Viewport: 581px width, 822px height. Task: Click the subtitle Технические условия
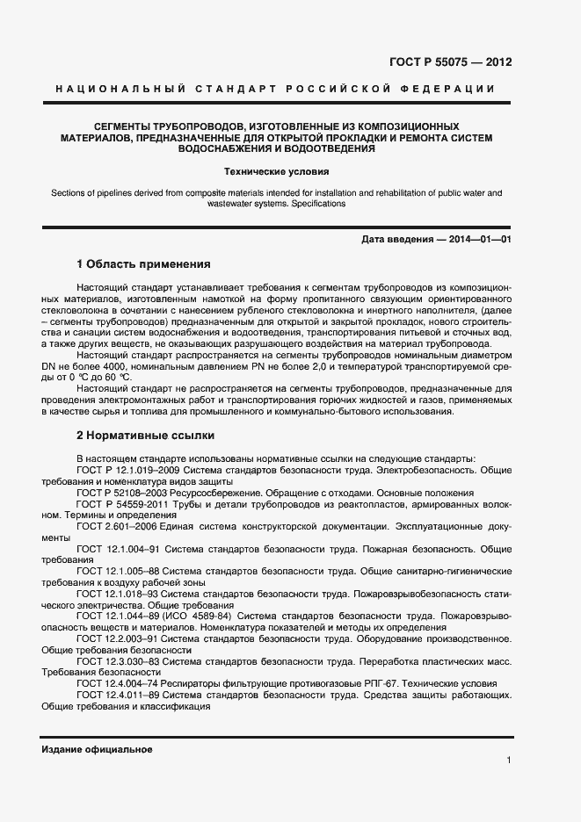(276, 172)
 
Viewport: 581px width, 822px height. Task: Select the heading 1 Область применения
(143, 263)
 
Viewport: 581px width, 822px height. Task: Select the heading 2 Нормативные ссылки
(145, 436)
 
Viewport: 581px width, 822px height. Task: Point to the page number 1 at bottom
(509, 759)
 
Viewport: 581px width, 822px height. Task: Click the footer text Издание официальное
(97, 749)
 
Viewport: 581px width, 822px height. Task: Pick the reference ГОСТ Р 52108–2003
(120, 493)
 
